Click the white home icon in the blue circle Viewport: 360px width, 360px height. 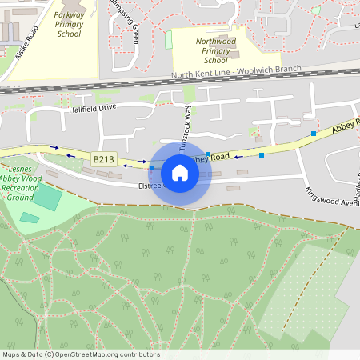coord(180,173)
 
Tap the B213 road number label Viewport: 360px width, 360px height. coord(103,159)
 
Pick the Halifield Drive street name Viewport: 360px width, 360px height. coord(93,108)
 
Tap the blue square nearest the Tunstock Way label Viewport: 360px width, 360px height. coord(208,154)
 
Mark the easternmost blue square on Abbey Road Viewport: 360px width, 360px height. coord(314,133)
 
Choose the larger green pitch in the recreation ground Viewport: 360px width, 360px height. coord(47,197)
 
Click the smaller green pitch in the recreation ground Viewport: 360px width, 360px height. coord(30,218)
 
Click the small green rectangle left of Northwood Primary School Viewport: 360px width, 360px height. coord(168,40)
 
